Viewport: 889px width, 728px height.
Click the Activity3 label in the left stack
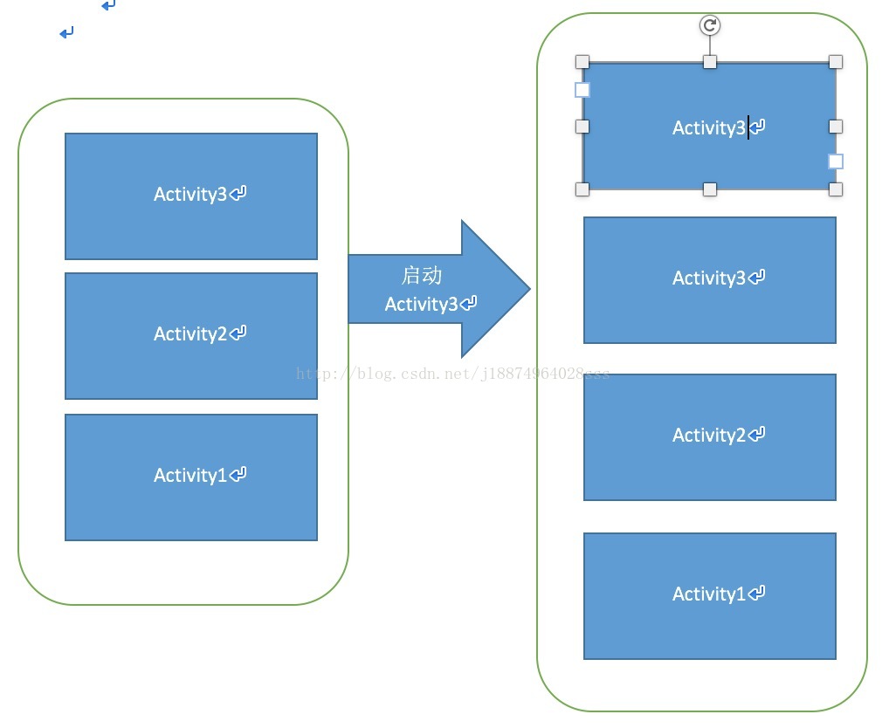[x=190, y=194]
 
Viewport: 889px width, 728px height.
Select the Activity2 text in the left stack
[x=190, y=333]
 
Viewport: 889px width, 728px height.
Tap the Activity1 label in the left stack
[x=190, y=475]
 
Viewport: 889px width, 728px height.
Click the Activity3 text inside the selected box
[x=708, y=127]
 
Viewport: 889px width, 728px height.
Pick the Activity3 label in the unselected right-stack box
[x=708, y=278]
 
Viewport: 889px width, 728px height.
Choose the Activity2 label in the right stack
[x=708, y=435]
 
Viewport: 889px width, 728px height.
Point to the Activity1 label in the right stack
[x=708, y=594]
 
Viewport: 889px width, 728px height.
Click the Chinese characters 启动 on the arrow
[x=421, y=276]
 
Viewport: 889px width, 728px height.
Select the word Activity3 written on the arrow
[x=421, y=304]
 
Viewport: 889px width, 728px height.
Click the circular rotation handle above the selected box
[x=710, y=25]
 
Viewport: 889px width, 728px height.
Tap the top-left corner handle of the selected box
[x=582, y=62]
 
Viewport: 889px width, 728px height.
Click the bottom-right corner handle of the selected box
[x=836, y=189]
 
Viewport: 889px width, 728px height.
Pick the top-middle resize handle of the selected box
[x=710, y=62]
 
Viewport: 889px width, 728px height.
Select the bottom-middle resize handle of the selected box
[x=710, y=189]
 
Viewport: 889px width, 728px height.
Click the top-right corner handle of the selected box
[x=836, y=62]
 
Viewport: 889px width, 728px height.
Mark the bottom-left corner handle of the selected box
[x=582, y=189]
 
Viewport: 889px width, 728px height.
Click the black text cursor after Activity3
[x=748, y=127]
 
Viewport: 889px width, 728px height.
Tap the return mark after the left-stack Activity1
[x=238, y=474]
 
